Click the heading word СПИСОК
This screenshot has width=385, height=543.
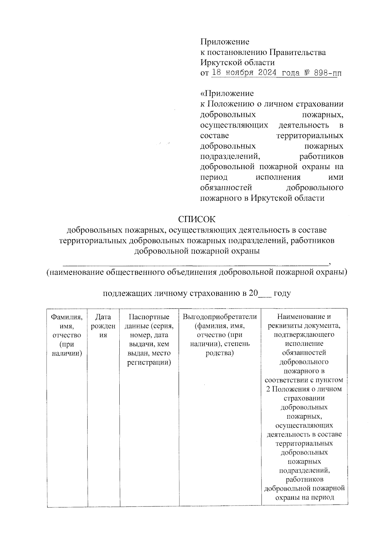click(197, 219)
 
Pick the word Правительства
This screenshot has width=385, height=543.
click(297, 52)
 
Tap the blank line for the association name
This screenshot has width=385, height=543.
click(195, 264)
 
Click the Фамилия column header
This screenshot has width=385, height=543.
click(67, 317)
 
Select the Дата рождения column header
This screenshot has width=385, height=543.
click(103, 326)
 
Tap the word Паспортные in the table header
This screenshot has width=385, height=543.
click(149, 317)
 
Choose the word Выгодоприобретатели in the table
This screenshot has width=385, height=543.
click(220, 317)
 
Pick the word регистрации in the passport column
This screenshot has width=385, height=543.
click(149, 362)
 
